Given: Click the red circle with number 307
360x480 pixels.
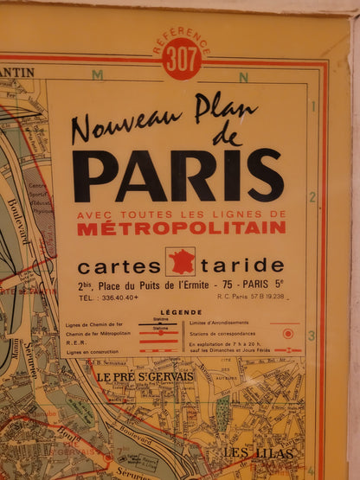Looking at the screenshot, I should (183, 60).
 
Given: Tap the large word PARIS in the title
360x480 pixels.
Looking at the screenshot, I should (177, 176).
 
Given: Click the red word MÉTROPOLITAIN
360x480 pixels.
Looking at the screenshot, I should (181, 228).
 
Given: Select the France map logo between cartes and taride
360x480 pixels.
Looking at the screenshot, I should (180, 261).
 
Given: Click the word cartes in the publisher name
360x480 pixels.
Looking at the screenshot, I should (119, 266).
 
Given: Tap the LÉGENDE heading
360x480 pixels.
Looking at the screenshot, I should (181, 312).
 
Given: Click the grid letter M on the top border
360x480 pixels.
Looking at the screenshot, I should (98, 75).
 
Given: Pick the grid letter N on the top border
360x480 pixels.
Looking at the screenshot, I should (243, 77).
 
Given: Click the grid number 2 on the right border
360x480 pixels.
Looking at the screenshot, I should (312, 197).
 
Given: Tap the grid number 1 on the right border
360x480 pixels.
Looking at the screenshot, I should (313, 106).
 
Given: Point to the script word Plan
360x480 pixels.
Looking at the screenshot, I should (226, 108).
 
